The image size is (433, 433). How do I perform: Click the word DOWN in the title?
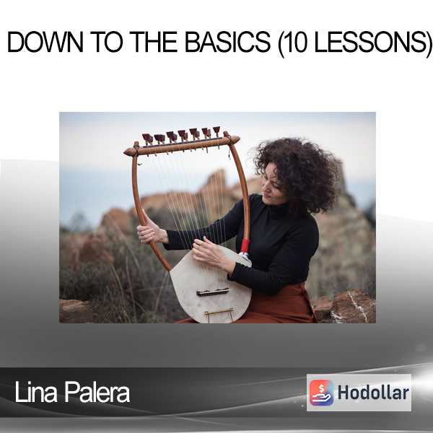coord(45,42)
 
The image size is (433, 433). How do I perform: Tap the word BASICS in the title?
coord(227,42)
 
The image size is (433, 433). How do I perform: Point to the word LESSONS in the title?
coord(370,42)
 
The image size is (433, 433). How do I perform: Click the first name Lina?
coord(36,392)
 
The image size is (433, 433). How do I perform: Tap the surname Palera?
coord(97,392)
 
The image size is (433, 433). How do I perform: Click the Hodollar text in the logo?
coord(373,393)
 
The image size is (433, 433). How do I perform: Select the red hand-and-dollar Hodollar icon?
coord(321,393)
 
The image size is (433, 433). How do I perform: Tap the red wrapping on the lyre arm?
coord(245,246)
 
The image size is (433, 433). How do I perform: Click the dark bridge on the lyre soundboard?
coord(213,292)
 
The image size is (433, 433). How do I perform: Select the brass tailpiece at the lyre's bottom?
coord(219,312)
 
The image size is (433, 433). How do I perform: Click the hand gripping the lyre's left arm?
coord(149,232)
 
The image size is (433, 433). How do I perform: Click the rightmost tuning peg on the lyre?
coord(216,131)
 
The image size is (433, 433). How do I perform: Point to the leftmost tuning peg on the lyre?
coord(146,139)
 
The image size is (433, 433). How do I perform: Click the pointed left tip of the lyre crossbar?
coord(125,152)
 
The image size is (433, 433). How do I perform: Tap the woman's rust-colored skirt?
coord(276,307)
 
